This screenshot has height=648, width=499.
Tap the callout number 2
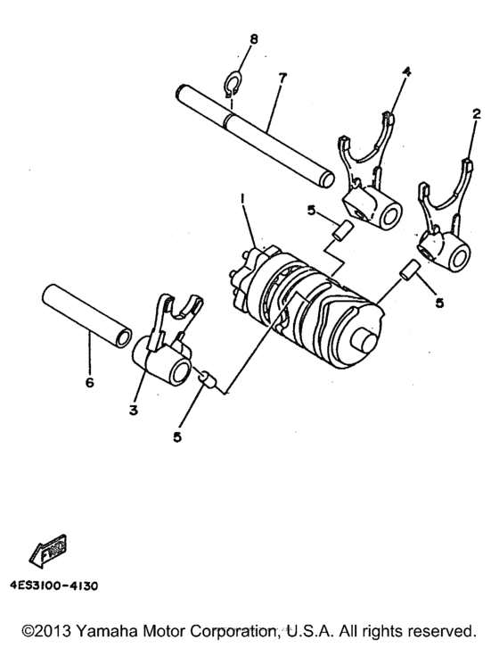(477, 114)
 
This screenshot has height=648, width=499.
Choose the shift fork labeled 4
(368, 179)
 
